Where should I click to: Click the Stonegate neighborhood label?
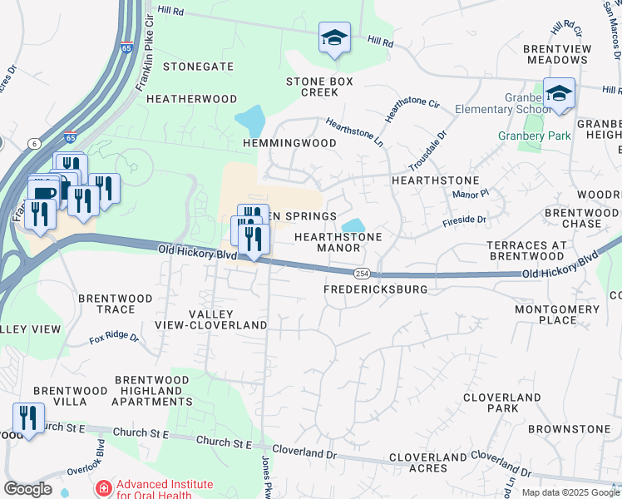(x=198, y=67)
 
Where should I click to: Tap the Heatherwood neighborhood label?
(x=192, y=98)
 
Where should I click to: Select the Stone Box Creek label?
(x=319, y=86)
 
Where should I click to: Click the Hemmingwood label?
(x=289, y=143)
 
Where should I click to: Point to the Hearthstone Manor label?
(x=338, y=242)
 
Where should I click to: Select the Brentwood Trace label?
(x=116, y=304)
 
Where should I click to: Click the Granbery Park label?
(x=534, y=136)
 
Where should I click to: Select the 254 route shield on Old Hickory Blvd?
(x=362, y=274)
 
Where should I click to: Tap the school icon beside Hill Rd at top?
(x=334, y=37)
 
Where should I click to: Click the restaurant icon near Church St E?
(x=28, y=418)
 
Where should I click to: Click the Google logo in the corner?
(x=27, y=489)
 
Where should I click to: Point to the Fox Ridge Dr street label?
(x=116, y=338)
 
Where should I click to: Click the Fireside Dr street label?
(x=465, y=219)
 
